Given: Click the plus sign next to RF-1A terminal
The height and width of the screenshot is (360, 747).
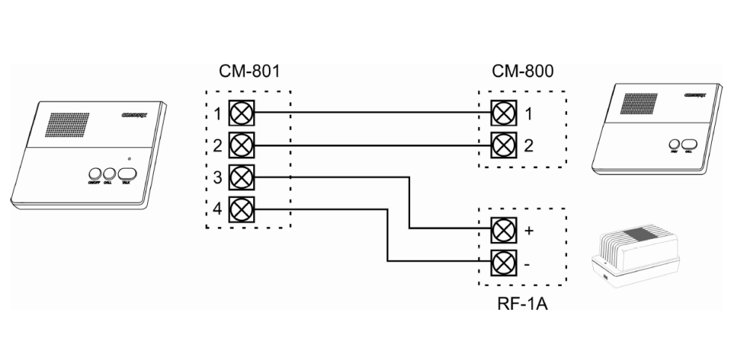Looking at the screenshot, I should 530,230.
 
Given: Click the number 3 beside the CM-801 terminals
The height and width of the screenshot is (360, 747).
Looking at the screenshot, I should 217,177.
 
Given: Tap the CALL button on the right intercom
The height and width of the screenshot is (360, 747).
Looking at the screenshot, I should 687,144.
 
